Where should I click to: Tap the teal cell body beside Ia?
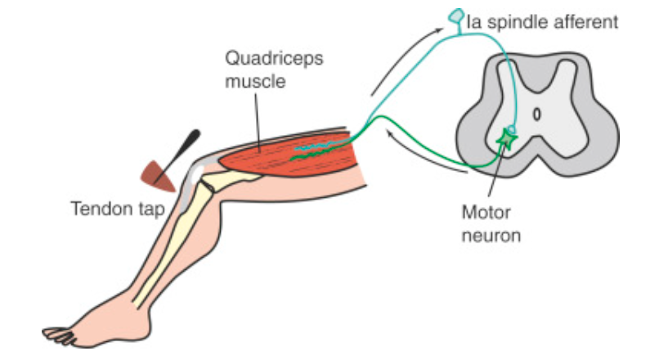pyautogui.click(x=456, y=16)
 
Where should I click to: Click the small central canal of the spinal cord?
pyautogui.click(x=537, y=115)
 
